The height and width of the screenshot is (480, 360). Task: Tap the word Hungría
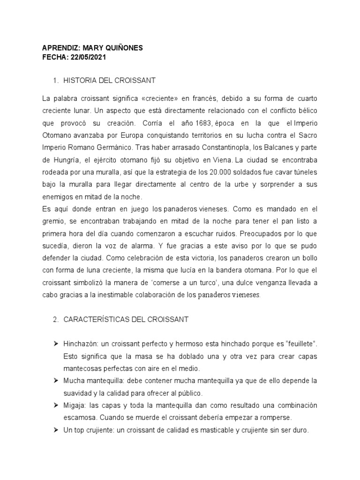(55, 160)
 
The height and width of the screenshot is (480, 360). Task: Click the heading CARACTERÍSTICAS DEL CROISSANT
(126, 319)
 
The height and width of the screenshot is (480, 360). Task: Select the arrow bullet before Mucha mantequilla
(56, 381)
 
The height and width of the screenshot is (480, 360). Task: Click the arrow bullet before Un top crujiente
(56, 429)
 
